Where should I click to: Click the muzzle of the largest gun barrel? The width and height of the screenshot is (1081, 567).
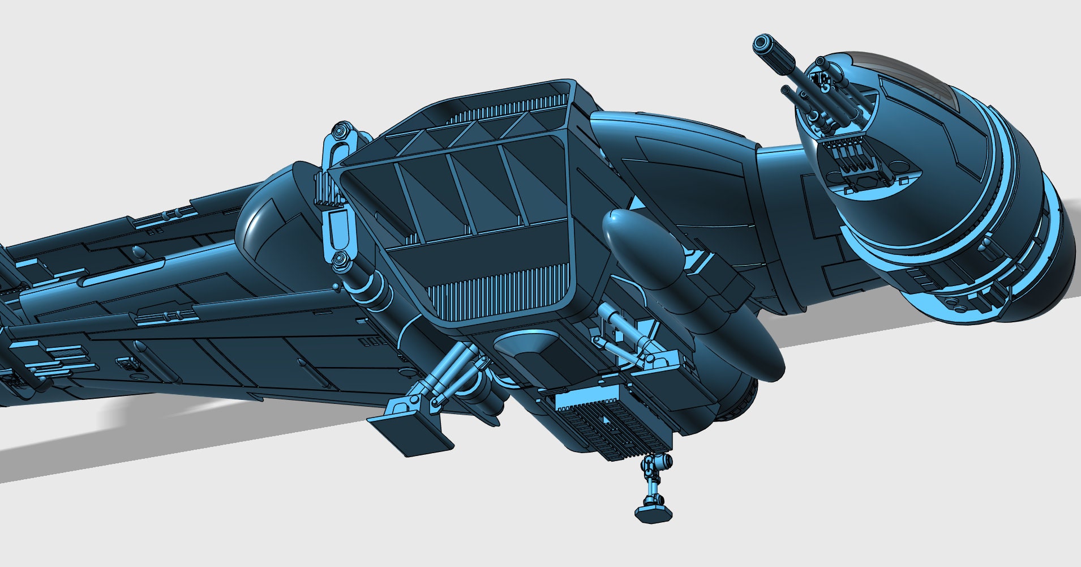pyautogui.click(x=762, y=43)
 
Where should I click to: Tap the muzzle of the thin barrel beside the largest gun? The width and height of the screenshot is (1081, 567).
pyautogui.click(x=786, y=89)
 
